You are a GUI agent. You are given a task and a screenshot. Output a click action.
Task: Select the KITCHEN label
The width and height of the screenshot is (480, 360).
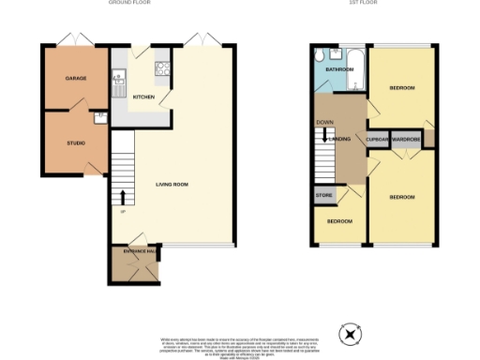tap(143, 97)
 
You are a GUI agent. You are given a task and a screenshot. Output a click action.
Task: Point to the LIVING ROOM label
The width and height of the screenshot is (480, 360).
tap(172, 185)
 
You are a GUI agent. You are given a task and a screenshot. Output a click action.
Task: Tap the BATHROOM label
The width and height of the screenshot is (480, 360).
tap(337, 70)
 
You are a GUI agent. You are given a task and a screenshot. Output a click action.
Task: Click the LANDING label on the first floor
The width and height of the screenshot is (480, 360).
tap(341, 139)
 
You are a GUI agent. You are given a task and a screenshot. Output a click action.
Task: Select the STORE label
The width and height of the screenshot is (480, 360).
tap(324, 196)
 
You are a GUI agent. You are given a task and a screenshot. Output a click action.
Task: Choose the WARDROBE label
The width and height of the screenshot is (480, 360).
tap(406, 139)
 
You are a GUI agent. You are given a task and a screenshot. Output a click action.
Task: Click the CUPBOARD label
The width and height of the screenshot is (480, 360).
tap(378, 139)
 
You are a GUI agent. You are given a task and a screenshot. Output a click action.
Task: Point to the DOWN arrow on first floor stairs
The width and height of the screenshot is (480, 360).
tap(324, 135)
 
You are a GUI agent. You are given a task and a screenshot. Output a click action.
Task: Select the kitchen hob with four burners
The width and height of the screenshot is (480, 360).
tap(160, 67)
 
